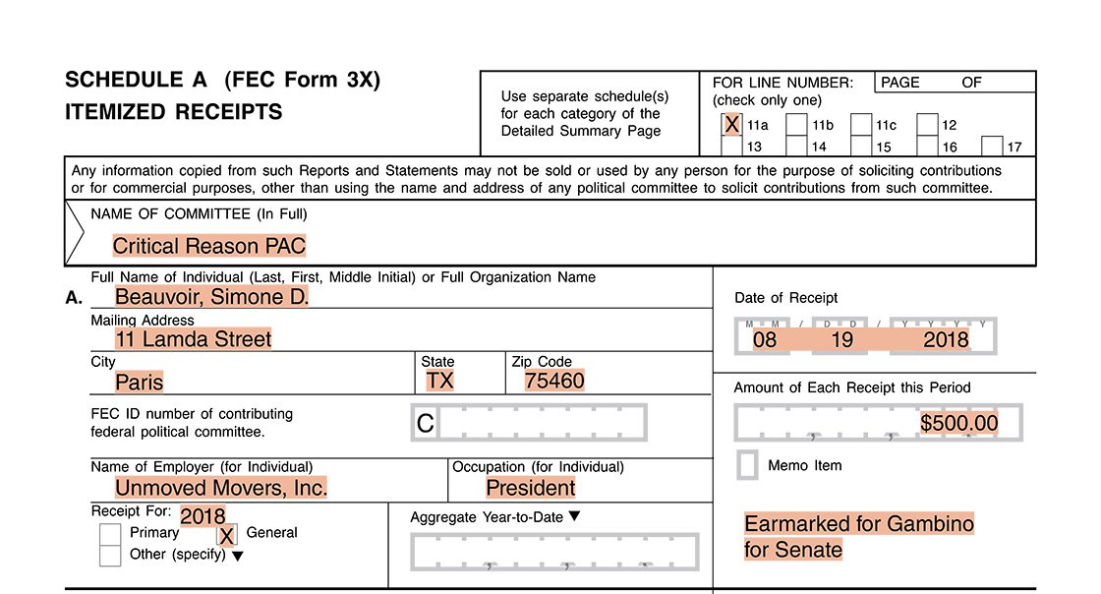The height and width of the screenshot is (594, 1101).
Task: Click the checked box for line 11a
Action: [x=731, y=125]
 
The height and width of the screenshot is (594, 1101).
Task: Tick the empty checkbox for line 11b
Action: [x=796, y=125]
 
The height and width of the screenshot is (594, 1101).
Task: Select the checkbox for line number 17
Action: [x=992, y=147]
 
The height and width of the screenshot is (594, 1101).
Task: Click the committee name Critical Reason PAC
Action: [x=208, y=246]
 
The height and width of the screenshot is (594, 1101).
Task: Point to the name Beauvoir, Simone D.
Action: [x=211, y=296]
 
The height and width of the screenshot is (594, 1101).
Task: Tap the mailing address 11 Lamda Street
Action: [x=193, y=339]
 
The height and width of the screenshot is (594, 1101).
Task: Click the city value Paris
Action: [x=140, y=382]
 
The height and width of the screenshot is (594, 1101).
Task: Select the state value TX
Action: [x=439, y=381]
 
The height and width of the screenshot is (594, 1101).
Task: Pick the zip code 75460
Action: [x=554, y=381]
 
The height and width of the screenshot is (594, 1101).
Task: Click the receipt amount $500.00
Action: [x=959, y=424]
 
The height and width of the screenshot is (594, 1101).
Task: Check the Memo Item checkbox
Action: [x=747, y=465]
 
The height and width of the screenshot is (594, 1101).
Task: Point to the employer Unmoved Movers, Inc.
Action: [x=221, y=488]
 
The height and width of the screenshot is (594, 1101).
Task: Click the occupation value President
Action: [x=531, y=488]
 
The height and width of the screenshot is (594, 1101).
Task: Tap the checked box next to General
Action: [x=227, y=535]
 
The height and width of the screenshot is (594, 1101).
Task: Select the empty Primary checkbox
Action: [x=110, y=534]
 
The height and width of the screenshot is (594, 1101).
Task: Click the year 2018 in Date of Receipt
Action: [x=946, y=340]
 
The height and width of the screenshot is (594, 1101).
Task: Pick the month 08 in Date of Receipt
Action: [x=765, y=340]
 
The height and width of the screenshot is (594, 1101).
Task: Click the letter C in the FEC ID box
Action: [x=426, y=424]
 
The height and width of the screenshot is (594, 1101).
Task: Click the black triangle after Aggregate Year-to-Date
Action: [x=575, y=516]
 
